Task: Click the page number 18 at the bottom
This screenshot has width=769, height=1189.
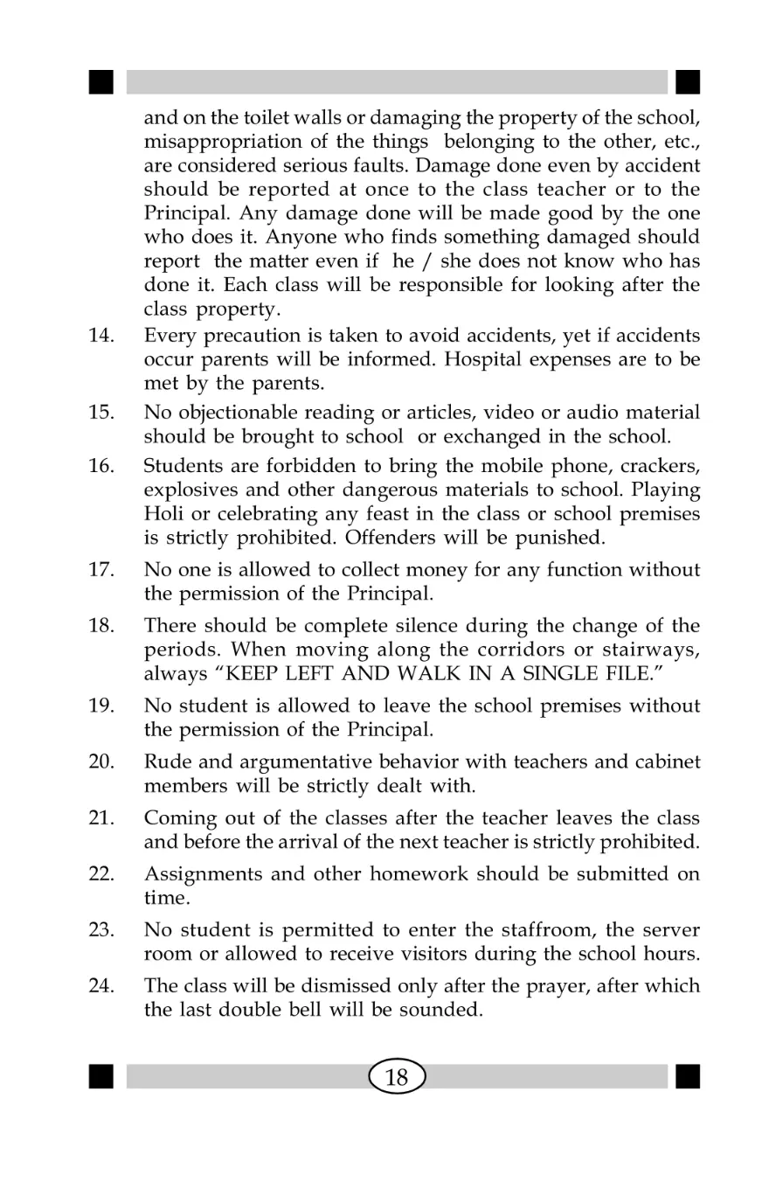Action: pyautogui.click(x=397, y=1077)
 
